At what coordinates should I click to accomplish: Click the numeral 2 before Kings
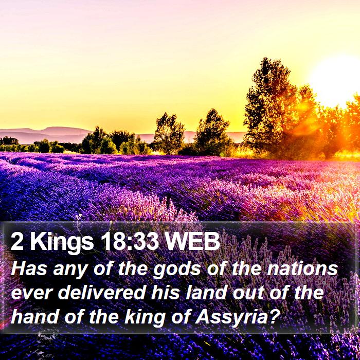coord(17,241)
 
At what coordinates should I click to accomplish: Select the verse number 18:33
coord(130,241)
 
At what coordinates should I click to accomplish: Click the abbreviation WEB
coord(192,241)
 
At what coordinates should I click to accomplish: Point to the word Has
coord(29,268)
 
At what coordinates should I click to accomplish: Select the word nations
coord(302,269)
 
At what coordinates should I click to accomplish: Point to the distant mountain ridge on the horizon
coord(46,134)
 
